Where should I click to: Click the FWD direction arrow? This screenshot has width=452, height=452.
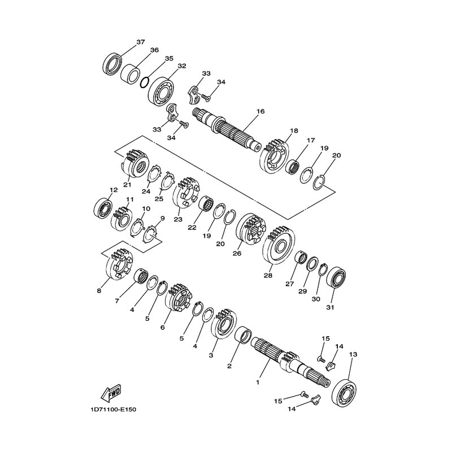pos(111,393)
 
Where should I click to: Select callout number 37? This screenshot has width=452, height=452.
pos(140,42)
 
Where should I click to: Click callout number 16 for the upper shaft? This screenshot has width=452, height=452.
pos(260,111)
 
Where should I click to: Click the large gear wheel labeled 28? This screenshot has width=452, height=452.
pos(279,245)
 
